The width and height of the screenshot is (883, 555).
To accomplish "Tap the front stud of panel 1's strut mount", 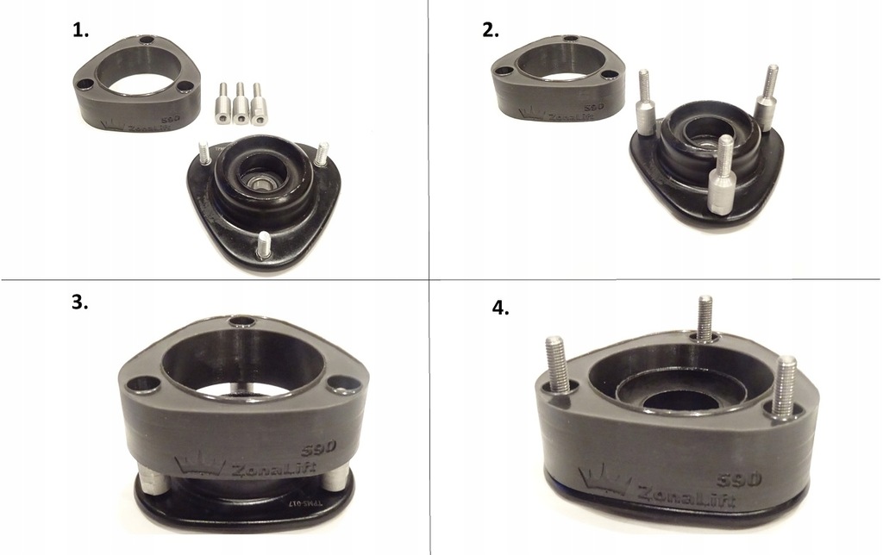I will click(x=262, y=245).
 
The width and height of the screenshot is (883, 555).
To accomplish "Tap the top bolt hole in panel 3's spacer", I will click(x=243, y=322).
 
